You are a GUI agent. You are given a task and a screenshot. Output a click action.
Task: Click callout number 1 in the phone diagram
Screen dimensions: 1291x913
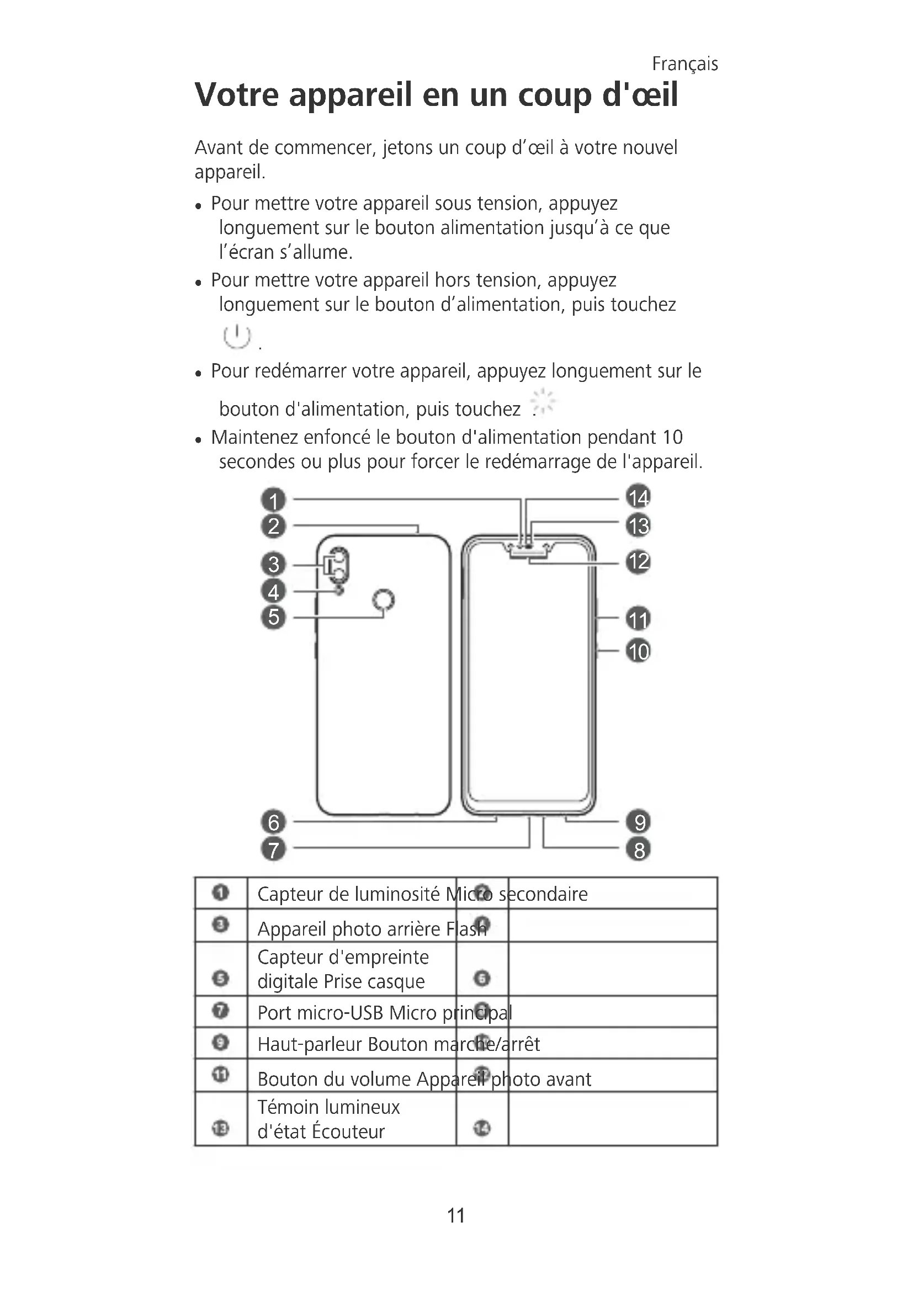click(273, 500)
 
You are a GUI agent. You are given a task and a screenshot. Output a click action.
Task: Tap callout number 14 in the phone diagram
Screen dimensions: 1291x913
click(638, 498)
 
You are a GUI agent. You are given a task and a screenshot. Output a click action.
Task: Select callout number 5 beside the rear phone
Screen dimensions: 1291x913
click(273, 617)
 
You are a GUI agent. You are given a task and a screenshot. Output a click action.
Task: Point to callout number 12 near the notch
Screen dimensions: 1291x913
click(638, 561)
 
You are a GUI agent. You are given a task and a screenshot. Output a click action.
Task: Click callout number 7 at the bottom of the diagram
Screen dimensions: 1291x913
click(273, 849)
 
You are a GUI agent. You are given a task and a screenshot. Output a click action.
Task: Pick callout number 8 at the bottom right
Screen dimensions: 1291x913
click(639, 849)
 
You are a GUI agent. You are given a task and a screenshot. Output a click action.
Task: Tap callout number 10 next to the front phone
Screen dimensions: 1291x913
click(638, 651)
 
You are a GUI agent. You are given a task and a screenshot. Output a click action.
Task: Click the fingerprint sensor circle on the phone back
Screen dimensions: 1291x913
click(384, 600)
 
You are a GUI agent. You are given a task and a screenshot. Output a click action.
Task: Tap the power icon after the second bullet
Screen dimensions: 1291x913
click(237, 337)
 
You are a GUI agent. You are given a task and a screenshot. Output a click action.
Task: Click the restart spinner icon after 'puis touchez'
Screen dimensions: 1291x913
click(543, 401)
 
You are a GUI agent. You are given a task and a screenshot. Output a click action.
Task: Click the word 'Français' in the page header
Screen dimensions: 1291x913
click(684, 64)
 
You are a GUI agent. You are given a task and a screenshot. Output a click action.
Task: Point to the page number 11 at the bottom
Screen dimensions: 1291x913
click(456, 1215)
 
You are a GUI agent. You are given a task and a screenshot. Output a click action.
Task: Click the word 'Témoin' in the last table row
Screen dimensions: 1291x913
click(288, 1107)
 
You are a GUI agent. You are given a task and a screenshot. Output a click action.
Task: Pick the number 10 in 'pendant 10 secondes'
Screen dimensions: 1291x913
click(672, 437)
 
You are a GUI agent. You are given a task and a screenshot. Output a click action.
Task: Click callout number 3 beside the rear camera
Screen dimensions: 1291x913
click(273, 564)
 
